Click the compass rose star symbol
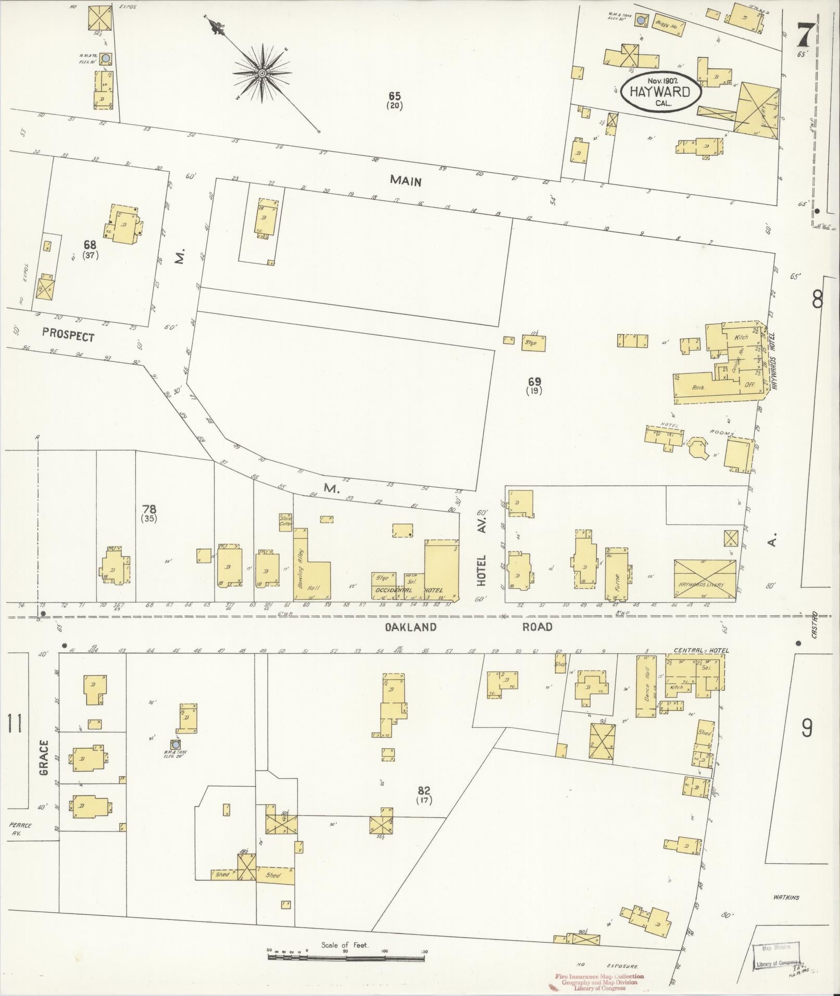tap(262, 74)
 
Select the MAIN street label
tap(406, 181)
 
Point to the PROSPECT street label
tap(68, 336)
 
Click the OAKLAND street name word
tap(410, 627)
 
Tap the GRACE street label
tap(44, 758)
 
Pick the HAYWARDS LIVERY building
tap(705, 580)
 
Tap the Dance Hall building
tap(646, 686)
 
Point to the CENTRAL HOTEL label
tap(701, 650)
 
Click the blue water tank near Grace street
tap(175, 745)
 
